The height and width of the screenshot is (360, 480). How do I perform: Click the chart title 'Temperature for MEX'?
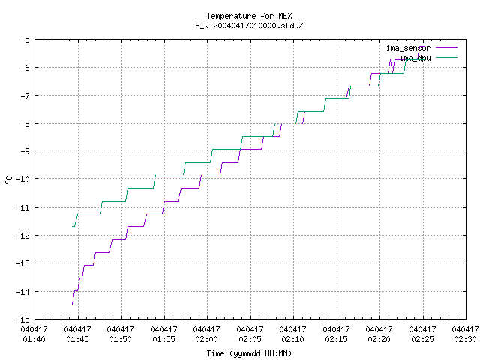249,16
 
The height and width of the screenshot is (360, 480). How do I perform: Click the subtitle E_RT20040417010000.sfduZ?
249,25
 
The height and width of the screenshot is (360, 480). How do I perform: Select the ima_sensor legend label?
408,48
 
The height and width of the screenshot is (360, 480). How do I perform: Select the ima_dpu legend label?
415,58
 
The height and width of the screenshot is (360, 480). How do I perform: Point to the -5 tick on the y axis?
25,40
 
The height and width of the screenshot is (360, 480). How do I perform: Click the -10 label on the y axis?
23,179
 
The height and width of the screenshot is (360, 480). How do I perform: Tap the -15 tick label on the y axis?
23,319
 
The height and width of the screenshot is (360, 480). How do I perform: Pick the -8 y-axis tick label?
25,124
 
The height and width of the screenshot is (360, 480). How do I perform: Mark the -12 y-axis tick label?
23,235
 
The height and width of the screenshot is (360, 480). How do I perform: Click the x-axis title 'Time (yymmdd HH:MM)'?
249,353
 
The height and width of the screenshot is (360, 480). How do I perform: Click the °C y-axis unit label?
9,180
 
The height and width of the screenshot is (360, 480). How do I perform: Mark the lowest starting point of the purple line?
72,304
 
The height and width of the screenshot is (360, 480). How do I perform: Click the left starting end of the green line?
72,226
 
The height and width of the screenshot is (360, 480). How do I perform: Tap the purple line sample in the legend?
447,48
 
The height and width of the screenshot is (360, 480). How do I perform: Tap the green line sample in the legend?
447,57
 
